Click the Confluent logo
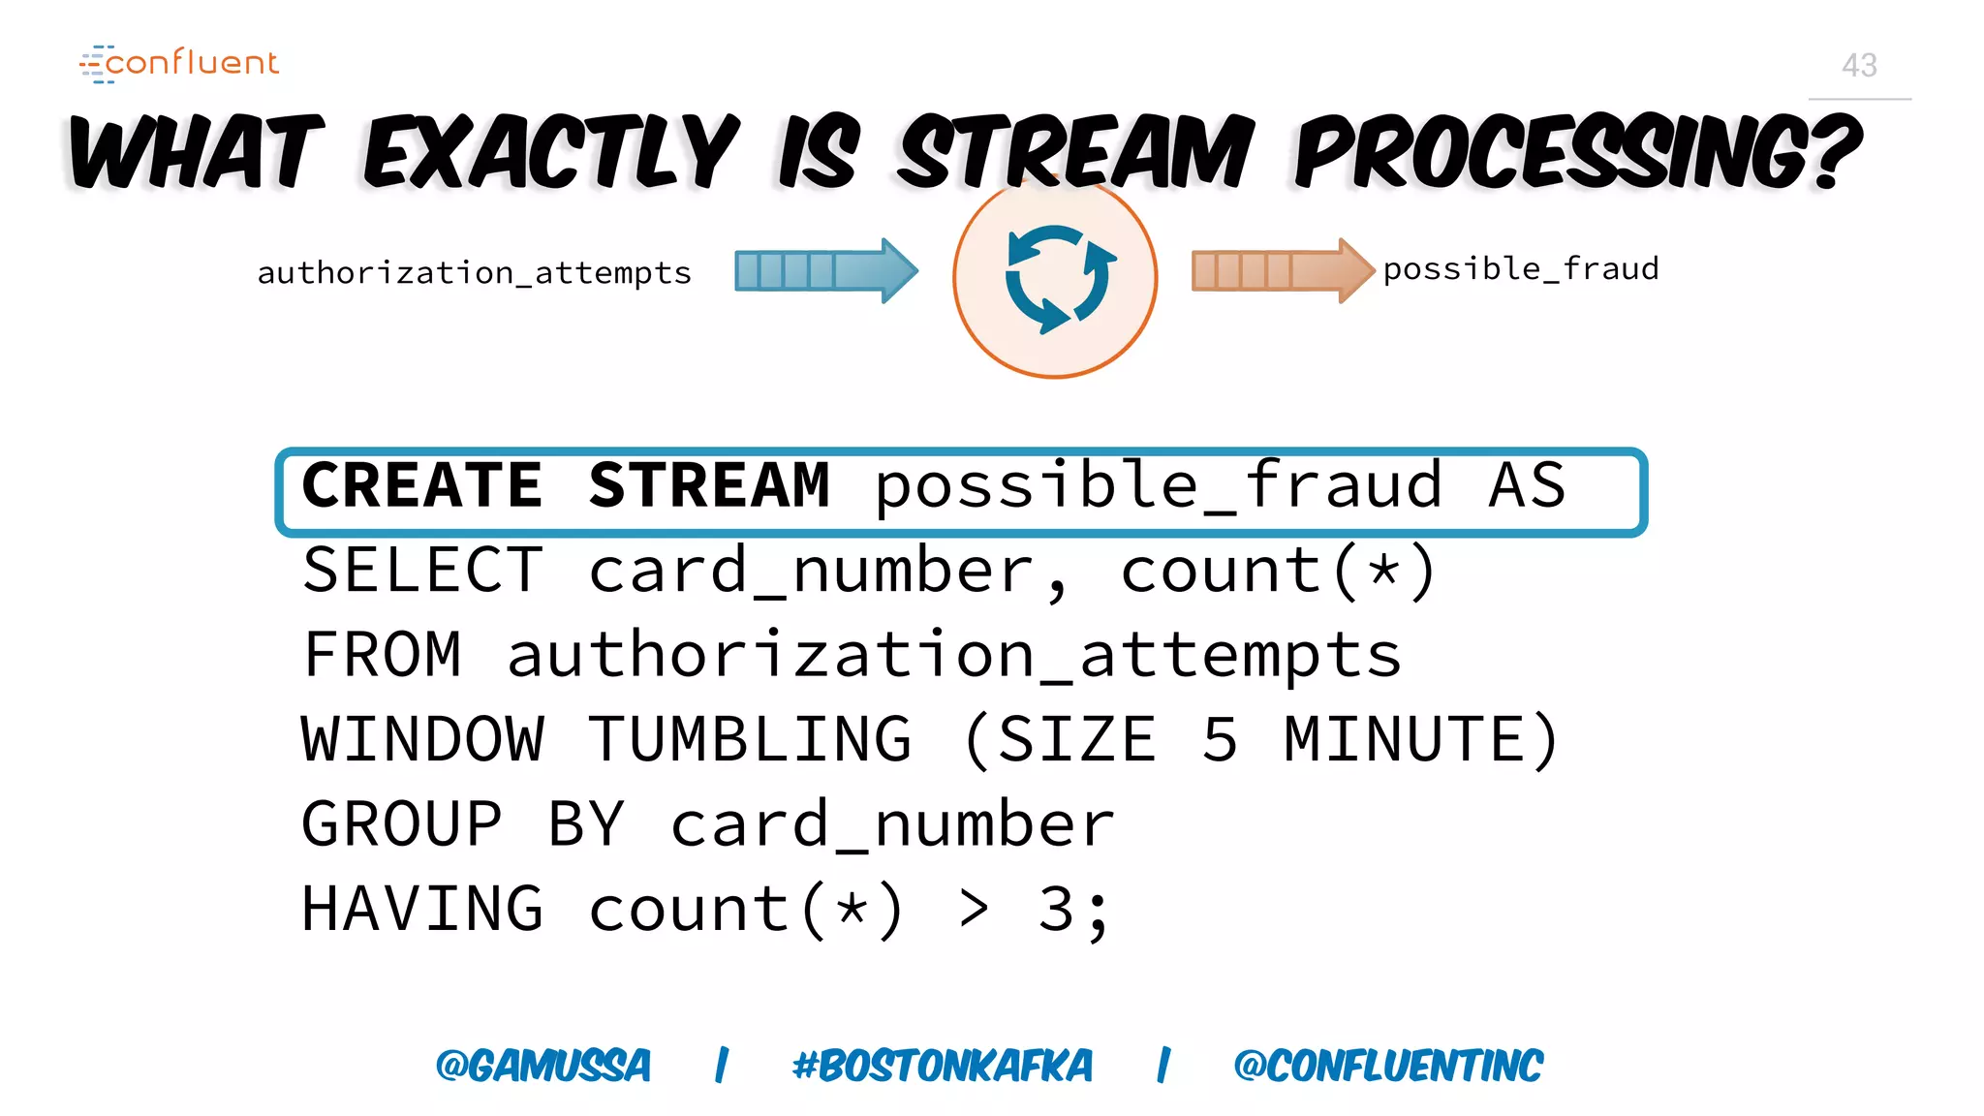pos(179,63)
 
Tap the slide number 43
pos(1859,66)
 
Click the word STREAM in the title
pos(1075,152)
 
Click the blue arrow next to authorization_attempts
pos(824,270)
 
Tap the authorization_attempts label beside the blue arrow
pos(474,273)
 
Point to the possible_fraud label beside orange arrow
pos(1520,269)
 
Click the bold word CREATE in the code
pos(421,485)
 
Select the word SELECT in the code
pos(422,571)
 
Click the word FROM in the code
pos(382,656)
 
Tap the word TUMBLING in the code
pos(750,740)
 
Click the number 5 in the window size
pos(1220,740)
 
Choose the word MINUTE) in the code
pos(1421,740)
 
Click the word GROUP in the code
pos(401,825)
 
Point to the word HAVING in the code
pos(422,911)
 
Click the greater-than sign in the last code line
pos(974,911)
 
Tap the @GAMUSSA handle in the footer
pos(542,1066)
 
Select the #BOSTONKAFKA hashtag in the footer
pos(942,1066)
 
